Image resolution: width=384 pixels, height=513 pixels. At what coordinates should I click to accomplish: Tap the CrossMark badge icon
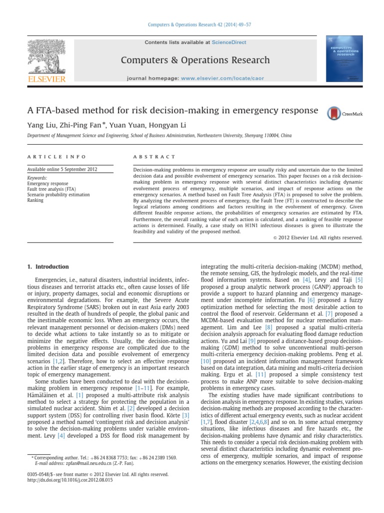344,114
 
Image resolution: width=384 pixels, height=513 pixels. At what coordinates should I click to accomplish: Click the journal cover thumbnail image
344,58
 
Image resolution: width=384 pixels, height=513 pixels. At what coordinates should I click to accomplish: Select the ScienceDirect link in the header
224,43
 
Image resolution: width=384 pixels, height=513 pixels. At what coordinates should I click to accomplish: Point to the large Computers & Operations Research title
195,61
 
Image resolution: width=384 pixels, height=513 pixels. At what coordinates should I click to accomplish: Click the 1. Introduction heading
48,267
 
